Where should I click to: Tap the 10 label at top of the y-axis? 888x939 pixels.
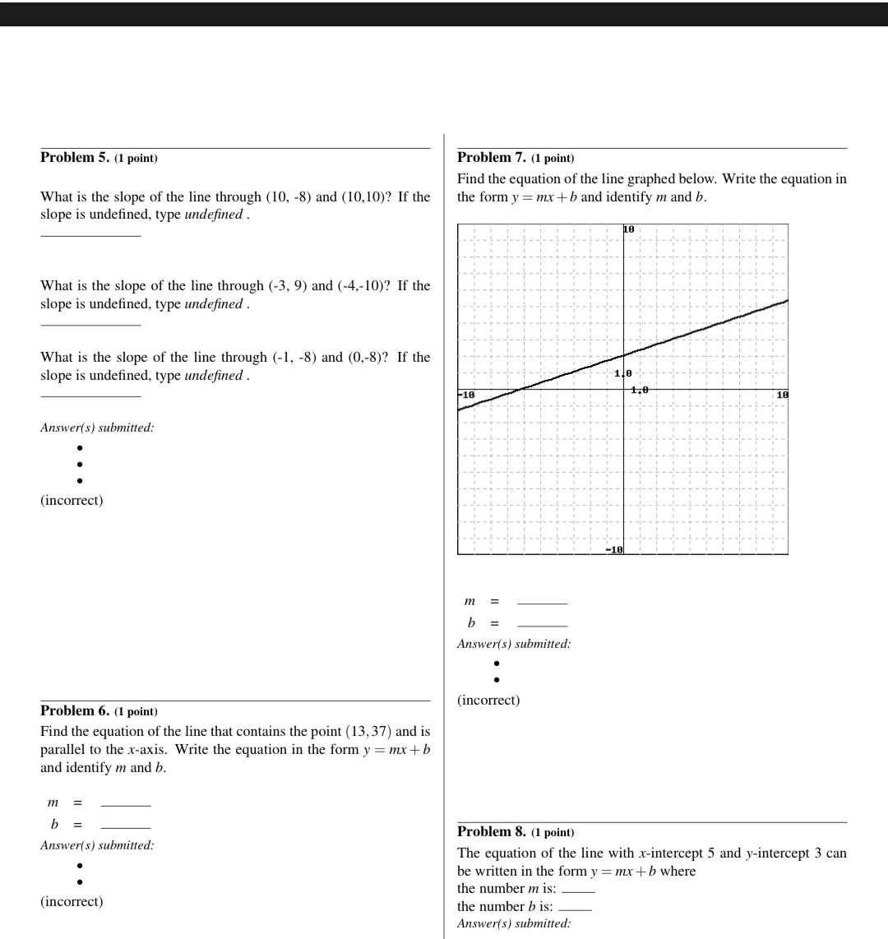629,229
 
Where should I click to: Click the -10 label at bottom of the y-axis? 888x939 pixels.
614,548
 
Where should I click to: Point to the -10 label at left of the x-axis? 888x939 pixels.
466,395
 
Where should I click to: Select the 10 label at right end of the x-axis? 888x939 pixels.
782,395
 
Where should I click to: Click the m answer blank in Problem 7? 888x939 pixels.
542,603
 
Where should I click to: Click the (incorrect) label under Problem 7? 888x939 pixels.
488,701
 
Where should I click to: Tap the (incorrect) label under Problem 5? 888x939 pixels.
72,501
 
